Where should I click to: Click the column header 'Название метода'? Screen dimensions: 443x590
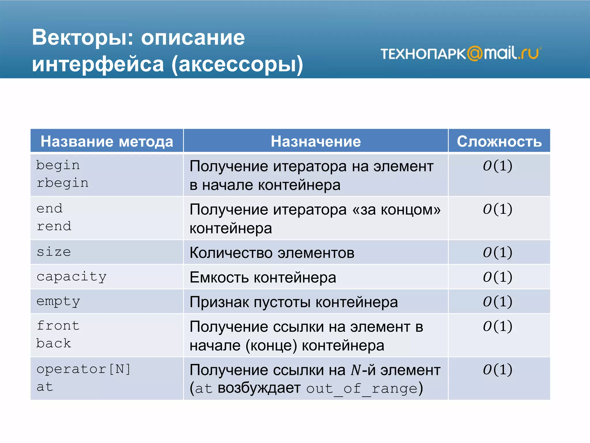(107, 141)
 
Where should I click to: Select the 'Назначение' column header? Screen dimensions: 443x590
(315, 141)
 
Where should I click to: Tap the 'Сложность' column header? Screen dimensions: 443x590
(499, 141)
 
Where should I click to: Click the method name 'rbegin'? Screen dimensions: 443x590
(63, 183)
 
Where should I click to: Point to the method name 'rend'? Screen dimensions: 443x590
(54, 226)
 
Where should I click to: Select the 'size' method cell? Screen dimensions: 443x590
(54, 252)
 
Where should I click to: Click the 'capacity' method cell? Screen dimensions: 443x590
(71, 277)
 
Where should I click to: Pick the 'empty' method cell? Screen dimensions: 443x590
(58, 302)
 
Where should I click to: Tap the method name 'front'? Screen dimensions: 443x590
(58, 326)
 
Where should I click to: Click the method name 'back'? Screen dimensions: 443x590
(54, 343)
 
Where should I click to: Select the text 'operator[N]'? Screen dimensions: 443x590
(84, 369)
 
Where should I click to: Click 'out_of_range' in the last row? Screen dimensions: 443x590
(362, 389)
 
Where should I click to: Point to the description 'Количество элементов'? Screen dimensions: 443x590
(272, 253)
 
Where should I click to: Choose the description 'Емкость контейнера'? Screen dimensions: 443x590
(263, 277)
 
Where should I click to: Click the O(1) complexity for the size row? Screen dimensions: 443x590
(498, 252)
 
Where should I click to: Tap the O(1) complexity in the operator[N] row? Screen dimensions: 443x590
(498, 369)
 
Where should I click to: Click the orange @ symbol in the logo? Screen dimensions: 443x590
(474, 54)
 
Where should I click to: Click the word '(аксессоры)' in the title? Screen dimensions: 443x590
(237, 64)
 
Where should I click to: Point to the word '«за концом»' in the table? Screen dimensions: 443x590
(396, 210)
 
